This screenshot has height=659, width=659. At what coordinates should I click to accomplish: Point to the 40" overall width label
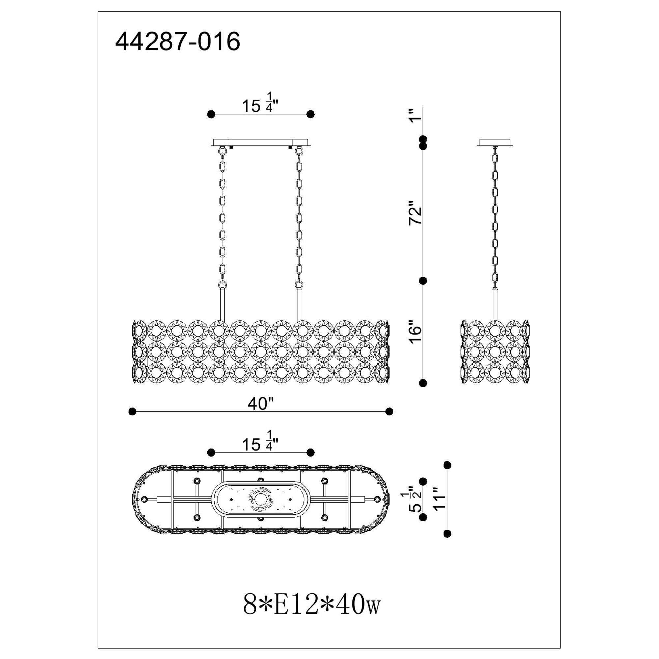click(261, 404)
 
